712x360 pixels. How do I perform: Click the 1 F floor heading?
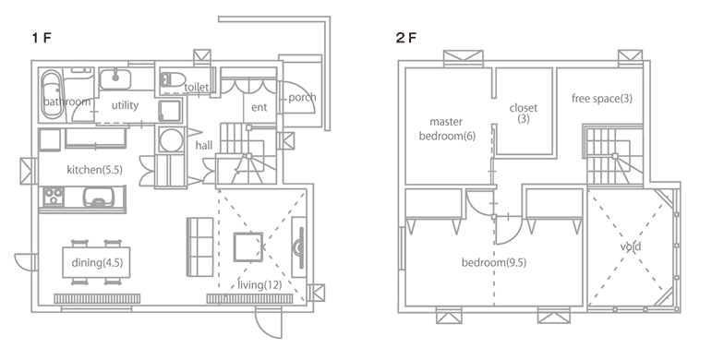[42, 38]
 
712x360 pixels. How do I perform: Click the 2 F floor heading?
[405, 38]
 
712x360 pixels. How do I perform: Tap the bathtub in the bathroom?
[53, 94]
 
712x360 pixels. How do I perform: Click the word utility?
[125, 105]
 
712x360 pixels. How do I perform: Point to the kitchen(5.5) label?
[94, 170]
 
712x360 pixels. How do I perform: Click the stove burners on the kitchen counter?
[54, 197]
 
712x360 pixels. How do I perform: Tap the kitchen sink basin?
[98, 197]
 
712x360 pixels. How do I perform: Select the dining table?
[96, 262]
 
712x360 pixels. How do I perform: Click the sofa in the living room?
[199, 247]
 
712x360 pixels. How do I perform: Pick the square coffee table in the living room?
[247, 247]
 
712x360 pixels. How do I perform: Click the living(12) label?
[259, 285]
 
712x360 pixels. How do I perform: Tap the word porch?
[302, 98]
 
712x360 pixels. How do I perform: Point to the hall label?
[204, 146]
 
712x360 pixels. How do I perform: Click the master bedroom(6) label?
[447, 129]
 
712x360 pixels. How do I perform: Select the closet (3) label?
[523, 114]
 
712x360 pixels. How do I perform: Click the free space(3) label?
[602, 99]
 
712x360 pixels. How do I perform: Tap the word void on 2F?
[631, 247]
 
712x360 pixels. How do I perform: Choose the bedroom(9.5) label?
[493, 262]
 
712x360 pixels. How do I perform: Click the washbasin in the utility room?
[115, 79]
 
